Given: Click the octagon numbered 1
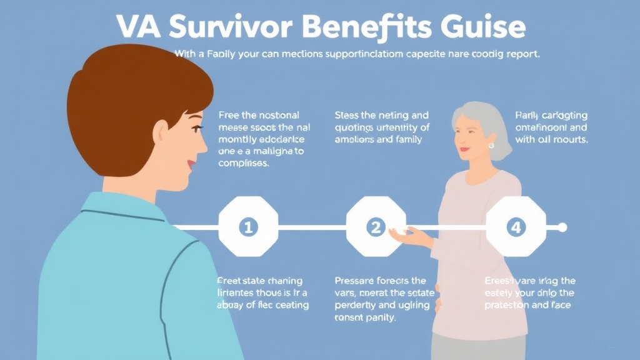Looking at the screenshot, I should [x=247, y=227].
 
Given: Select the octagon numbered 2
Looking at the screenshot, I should [x=376, y=227].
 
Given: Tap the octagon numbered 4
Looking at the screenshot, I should [x=516, y=227].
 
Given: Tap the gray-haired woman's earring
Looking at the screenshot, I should [x=491, y=145].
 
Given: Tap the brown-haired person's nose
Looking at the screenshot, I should [x=204, y=146].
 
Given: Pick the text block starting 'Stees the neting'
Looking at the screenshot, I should [x=382, y=127].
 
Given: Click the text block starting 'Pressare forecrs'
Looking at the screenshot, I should [x=381, y=299].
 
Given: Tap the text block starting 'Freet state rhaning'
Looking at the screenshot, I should [x=262, y=292].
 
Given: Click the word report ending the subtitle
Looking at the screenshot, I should [x=521, y=54].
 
